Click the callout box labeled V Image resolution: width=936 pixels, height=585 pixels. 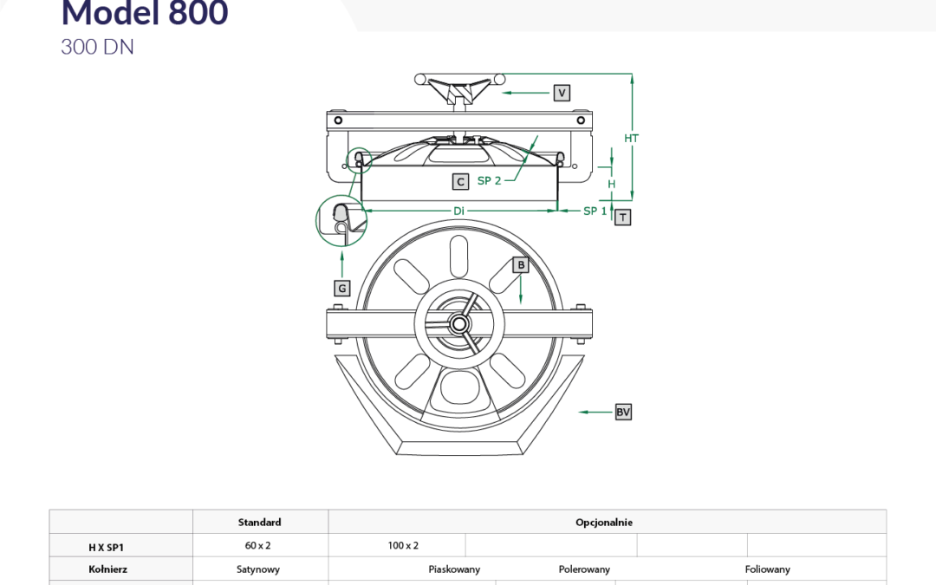coord(562,93)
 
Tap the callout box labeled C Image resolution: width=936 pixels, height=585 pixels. coord(460,181)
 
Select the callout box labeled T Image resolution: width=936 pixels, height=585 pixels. coord(622,218)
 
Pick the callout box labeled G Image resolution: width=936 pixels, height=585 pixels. coord(342,289)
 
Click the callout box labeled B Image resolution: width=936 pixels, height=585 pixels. coord(521,265)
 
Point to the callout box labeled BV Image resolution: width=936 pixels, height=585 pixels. coord(623,412)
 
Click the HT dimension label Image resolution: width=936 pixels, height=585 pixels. coord(632,139)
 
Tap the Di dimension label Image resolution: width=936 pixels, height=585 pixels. coord(458,211)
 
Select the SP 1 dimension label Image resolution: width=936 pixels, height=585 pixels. coord(595,211)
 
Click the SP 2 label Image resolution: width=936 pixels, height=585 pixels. coord(490,180)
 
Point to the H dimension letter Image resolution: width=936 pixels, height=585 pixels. coord(611,185)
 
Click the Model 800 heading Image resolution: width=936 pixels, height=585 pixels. coord(145,12)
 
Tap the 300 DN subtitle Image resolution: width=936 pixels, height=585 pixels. coord(97,47)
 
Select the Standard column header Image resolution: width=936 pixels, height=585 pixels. coord(260,523)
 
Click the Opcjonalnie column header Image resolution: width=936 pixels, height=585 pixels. coord(604,523)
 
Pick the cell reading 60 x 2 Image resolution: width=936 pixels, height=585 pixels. coord(258,546)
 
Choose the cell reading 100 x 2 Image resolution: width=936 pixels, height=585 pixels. coord(403,546)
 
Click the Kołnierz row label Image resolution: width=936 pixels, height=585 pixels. coord(108,569)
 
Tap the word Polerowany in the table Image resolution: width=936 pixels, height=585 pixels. coord(584,569)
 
